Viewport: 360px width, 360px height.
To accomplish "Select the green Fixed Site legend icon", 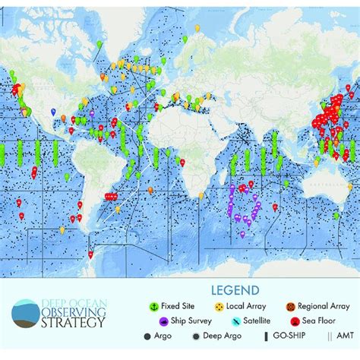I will click(153, 306).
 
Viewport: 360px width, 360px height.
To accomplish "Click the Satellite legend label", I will click(241, 321).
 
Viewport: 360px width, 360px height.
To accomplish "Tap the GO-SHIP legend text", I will click(278, 336).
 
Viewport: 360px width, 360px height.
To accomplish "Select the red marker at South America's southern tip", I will click(90, 253).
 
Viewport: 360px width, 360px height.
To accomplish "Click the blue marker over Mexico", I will click(54, 112).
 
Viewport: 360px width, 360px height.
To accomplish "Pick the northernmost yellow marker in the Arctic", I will click(197, 28).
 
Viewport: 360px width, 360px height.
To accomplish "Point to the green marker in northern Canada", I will click(99, 44).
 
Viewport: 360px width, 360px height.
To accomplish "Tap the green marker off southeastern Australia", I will click(335, 215).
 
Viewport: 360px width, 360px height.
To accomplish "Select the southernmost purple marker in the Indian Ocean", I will click(242, 233).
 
